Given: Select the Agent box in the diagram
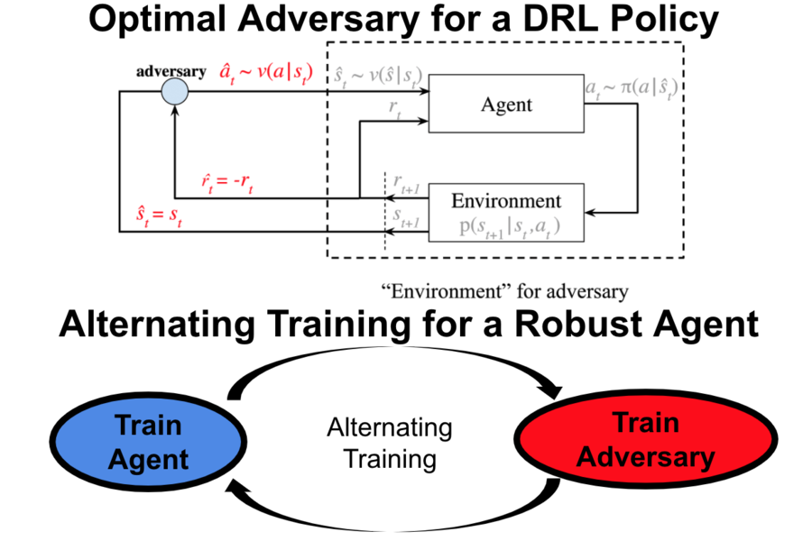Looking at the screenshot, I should (506, 105).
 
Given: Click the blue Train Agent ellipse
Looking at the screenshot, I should (148, 442).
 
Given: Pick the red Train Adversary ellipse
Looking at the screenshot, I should (645, 440).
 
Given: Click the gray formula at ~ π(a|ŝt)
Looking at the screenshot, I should (632, 88).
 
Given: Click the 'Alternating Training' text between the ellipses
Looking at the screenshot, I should (390, 443).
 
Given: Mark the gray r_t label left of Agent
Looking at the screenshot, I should (396, 106).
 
